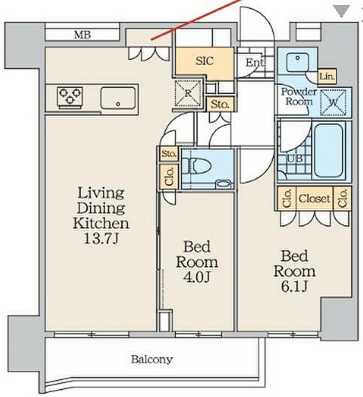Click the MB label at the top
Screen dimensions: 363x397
(x=82, y=35)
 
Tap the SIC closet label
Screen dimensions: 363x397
(x=205, y=61)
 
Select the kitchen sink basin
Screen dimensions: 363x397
(x=118, y=98)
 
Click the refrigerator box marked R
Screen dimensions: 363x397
(x=188, y=93)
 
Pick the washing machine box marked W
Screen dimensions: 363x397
(x=333, y=102)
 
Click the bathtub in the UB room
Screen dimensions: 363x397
(x=328, y=151)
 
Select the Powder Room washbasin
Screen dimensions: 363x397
(x=298, y=62)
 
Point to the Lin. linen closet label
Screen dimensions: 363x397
(x=327, y=76)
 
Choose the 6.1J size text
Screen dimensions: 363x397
(x=294, y=287)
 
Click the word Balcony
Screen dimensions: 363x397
(x=152, y=360)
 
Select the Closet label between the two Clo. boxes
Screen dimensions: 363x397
(x=315, y=199)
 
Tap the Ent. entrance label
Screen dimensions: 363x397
(x=255, y=63)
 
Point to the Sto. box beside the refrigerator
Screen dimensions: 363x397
(x=220, y=104)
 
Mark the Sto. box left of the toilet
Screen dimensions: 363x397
(x=169, y=154)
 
